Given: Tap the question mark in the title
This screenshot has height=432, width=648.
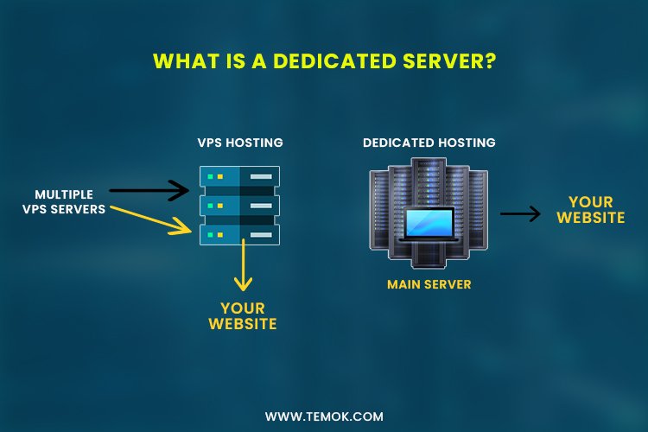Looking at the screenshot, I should pyautogui.click(x=490, y=61).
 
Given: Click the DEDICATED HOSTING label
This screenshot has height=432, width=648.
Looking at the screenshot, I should pyautogui.click(x=429, y=142).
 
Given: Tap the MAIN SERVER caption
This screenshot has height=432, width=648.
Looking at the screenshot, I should pyautogui.click(x=429, y=283).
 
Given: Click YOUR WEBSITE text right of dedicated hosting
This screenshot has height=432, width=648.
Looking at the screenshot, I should pyautogui.click(x=591, y=209).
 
